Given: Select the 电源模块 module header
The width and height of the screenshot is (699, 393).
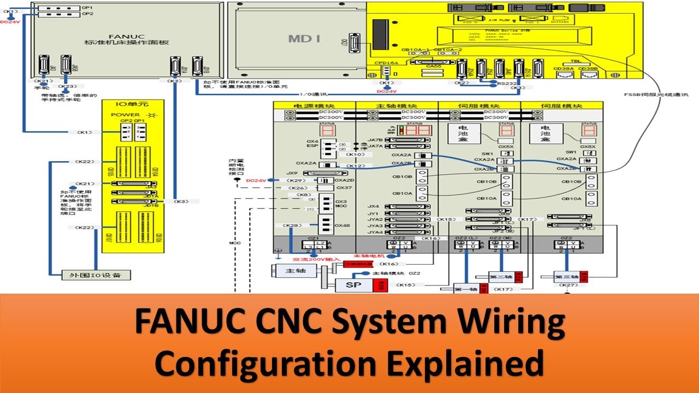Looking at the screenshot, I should (x=314, y=106).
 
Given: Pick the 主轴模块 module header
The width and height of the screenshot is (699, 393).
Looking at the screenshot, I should (x=396, y=106).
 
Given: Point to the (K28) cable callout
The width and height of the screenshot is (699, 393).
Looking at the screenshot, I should (x=293, y=225).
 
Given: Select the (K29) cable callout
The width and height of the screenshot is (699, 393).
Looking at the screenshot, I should (x=295, y=180).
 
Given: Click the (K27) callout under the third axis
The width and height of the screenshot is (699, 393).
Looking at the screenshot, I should (x=569, y=285).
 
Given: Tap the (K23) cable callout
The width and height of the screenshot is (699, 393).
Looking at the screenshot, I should (x=67, y=86).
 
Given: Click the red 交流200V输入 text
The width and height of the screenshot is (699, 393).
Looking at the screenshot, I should (x=310, y=259).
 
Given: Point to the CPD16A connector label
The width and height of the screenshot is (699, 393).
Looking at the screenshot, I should (x=384, y=63).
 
